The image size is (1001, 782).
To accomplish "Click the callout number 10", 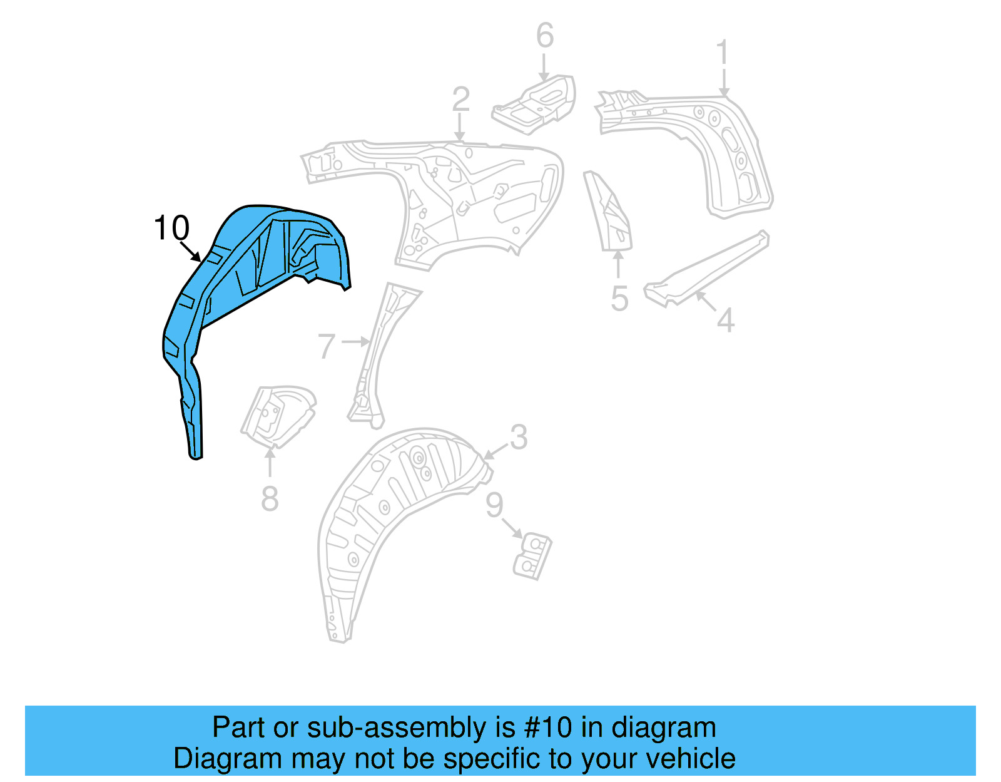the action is (x=171, y=228).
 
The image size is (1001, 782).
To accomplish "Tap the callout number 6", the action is (x=545, y=36).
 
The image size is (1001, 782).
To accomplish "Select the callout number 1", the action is (x=723, y=53).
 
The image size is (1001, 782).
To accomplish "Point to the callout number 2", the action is (x=460, y=100).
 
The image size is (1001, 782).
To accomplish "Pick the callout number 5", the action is (x=619, y=299).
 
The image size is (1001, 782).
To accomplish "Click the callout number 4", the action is (x=725, y=321).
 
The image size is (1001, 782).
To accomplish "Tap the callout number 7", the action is (x=327, y=346).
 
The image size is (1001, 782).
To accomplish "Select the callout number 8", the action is (x=270, y=499).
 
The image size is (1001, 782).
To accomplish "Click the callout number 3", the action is (x=519, y=437).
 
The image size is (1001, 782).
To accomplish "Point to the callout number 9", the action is (x=494, y=505).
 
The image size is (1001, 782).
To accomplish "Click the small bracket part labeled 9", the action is (x=532, y=556).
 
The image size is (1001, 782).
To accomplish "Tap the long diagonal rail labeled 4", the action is (x=707, y=269).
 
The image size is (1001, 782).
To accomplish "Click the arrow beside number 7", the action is (x=356, y=342).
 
